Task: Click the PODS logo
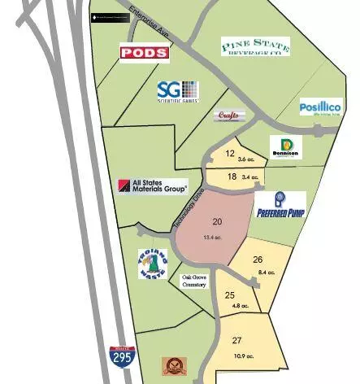145,53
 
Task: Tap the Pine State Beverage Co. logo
256,46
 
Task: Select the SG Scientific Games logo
178,90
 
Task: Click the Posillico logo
320,107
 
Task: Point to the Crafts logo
230,116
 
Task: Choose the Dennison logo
285,147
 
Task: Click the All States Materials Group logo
152,186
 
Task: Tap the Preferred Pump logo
280,206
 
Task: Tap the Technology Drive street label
185,213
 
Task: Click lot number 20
217,221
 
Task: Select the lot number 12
230,153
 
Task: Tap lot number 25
230,295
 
